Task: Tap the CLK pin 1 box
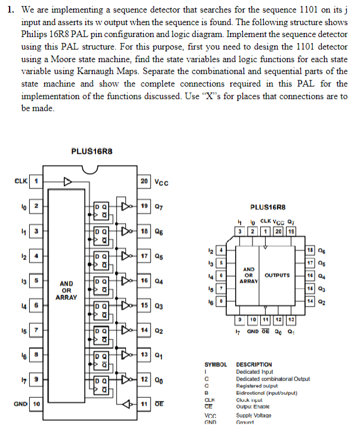click(35, 181)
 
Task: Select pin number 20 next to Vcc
click(144, 181)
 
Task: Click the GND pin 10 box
click(35, 404)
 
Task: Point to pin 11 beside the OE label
click(144, 404)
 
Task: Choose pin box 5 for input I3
click(35, 280)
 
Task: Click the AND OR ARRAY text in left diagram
click(66, 290)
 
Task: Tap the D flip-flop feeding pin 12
click(101, 382)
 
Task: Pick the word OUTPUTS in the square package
click(276, 275)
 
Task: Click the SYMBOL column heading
click(217, 364)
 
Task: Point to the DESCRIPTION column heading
click(255, 364)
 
